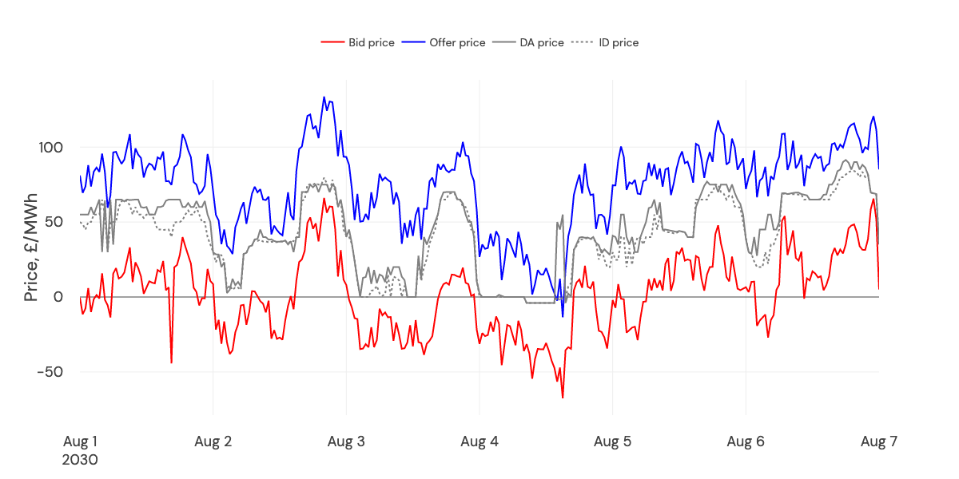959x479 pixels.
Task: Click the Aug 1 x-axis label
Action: coord(80,441)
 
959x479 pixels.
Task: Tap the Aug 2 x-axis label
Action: coord(213,441)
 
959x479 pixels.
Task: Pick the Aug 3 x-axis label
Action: coord(346,441)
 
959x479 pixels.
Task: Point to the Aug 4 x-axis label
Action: coord(479,441)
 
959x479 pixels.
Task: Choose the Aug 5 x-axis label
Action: coord(613,441)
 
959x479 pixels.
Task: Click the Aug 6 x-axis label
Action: coord(746,441)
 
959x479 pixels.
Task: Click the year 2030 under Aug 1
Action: coord(80,460)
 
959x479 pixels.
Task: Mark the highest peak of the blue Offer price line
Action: coord(324,97)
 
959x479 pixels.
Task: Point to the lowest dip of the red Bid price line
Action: coord(563,398)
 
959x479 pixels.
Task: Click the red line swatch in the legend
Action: coord(332,42)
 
